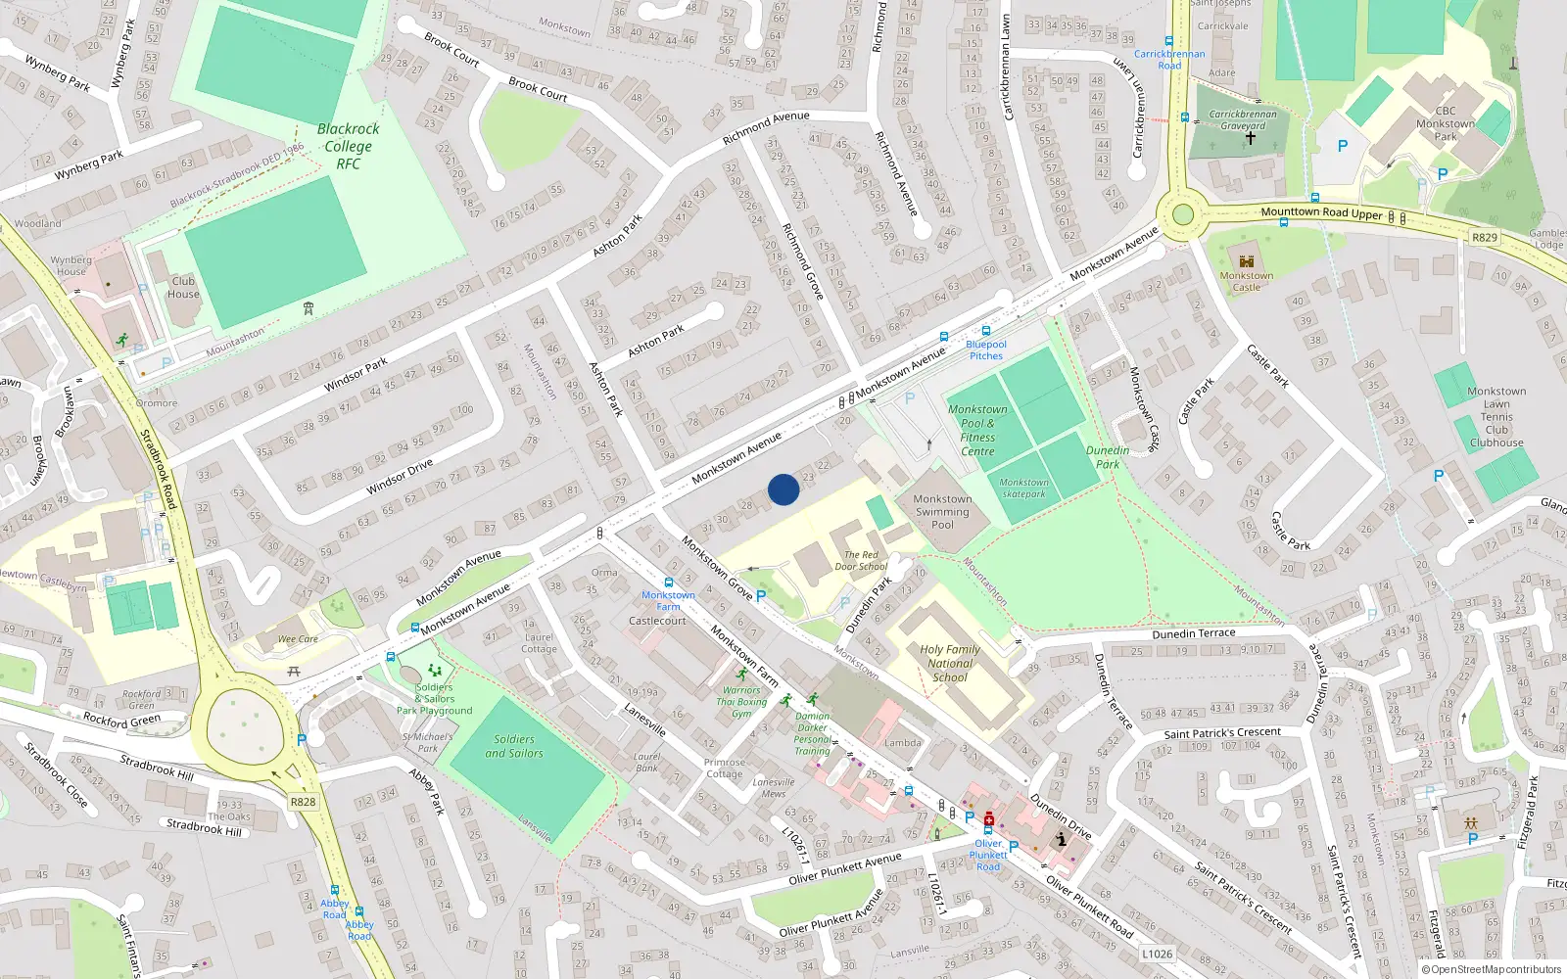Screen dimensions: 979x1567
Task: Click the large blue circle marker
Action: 783,489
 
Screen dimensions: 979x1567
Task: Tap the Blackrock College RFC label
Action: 348,146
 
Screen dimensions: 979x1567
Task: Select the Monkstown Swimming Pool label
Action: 942,512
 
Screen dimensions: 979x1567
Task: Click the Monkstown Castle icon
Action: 1247,261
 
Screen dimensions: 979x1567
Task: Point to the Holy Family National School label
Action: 949,663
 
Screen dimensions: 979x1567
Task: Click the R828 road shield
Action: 303,802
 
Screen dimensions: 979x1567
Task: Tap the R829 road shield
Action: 1485,237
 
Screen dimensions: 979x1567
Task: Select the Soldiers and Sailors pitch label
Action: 514,746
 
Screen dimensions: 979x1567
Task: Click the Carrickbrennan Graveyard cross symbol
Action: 1250,139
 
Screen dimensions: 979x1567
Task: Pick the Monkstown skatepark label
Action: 1023,488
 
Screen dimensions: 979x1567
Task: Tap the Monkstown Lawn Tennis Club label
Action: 1496,417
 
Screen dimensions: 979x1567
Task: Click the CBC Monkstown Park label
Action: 1445,123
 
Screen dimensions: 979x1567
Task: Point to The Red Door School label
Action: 861,560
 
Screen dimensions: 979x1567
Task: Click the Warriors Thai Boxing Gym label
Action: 741,702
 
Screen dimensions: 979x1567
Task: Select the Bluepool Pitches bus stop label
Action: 986,350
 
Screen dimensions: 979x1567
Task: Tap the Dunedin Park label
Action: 1108,457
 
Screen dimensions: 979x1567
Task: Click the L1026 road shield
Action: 1157,954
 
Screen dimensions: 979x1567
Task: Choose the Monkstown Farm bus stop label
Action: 668,600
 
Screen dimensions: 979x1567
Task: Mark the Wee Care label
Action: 298,639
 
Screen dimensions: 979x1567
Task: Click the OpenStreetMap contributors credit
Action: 1492,969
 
